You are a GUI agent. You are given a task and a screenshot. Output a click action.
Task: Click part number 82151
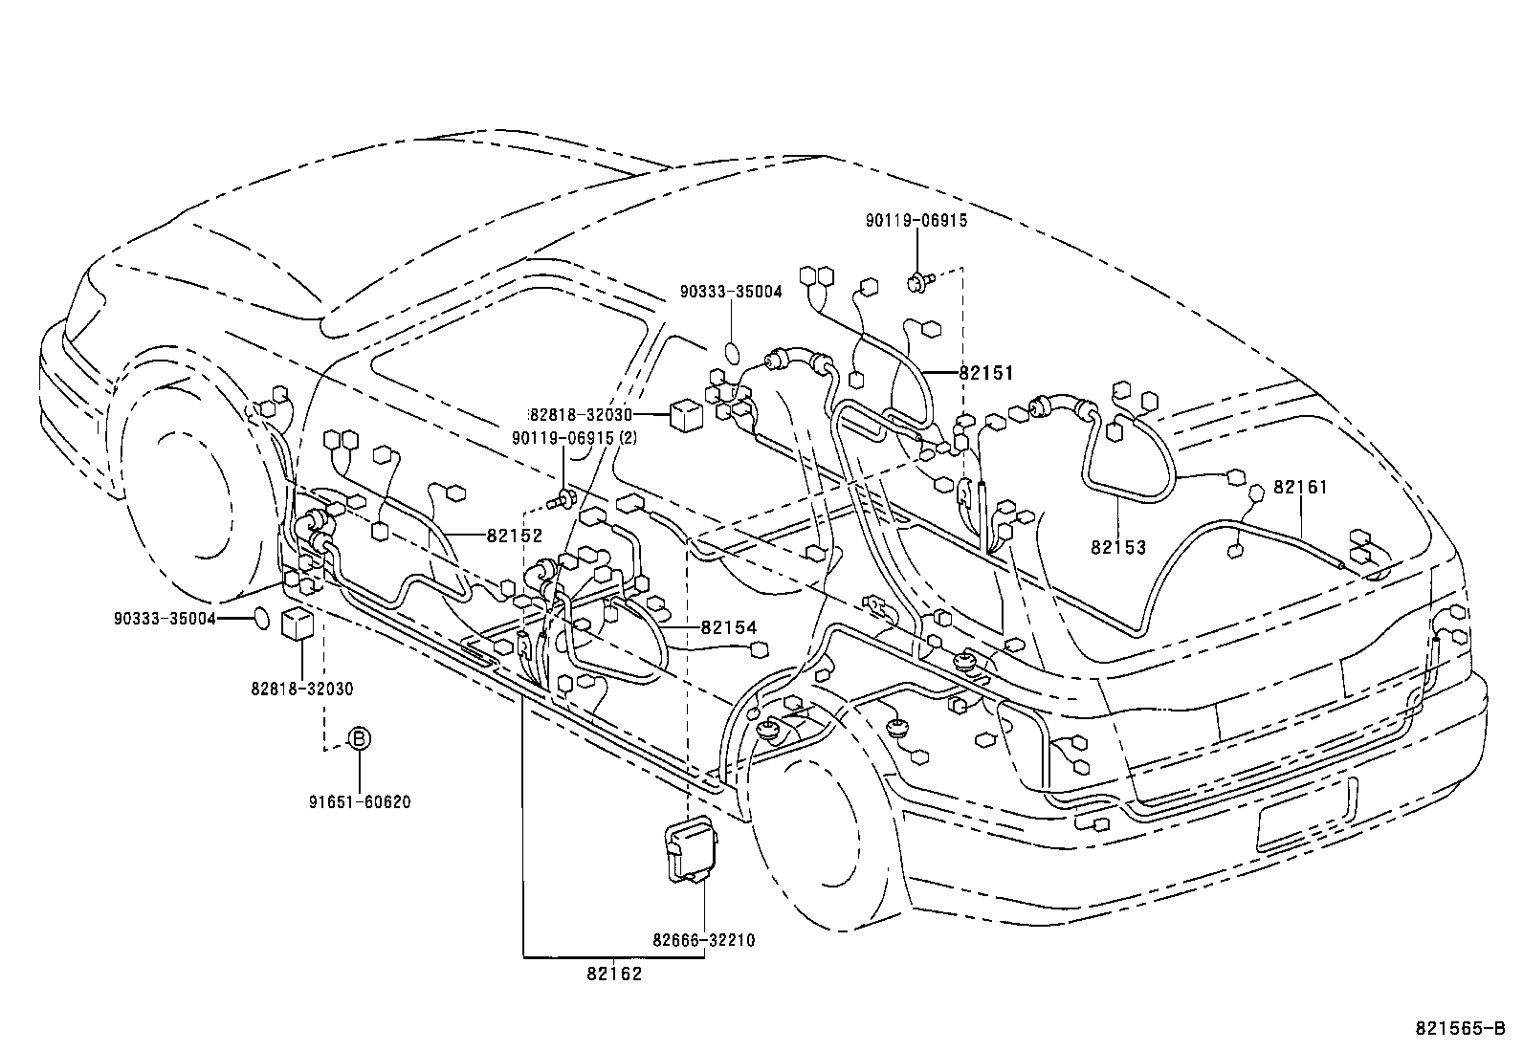click(985, 374)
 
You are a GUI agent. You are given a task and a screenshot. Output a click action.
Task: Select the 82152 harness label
click(515, 536)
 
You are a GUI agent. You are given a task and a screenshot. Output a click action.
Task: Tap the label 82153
click(1117, 548)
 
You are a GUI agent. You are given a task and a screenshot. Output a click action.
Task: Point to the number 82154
click(728, 627)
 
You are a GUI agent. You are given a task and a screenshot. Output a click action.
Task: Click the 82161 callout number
click(1301, 488)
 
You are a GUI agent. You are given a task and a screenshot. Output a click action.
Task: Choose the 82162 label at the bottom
click(613, 974)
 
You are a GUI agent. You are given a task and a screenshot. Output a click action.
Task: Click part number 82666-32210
click(704, 940)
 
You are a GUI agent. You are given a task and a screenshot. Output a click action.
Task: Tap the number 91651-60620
click(359, 801)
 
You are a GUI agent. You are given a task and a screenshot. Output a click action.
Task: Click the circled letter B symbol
click(358, 738)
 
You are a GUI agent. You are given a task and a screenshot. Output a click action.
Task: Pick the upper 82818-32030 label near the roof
click(581, 414)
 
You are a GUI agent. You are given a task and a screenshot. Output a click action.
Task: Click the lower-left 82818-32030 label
click(302, 689)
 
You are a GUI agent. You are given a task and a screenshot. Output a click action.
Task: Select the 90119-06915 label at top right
click(916, 221)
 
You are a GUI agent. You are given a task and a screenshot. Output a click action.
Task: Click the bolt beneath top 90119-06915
click(917, 280)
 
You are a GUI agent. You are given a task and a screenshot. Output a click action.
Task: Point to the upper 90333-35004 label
click(731, 292)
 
